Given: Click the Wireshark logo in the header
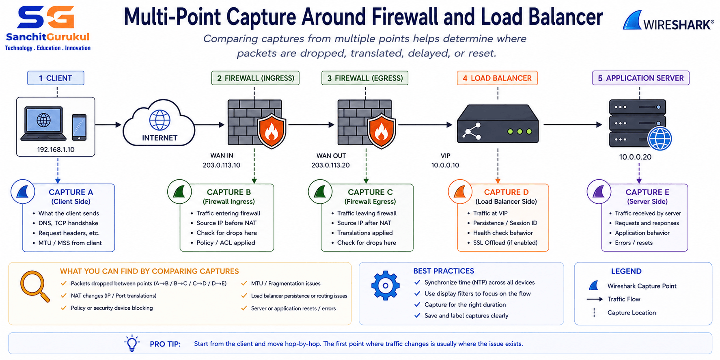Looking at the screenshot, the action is (x=668, y=21).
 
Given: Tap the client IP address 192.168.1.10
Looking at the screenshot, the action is (x=56, y=149).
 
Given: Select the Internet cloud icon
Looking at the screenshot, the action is (x=159, y=123).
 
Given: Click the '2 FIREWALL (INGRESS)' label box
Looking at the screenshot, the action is (x=255, y=78).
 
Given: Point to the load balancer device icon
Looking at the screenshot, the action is (x=498, y=124).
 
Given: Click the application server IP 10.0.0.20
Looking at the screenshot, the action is (x=635, y=157).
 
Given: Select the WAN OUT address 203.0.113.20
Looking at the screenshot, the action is (x=330, y=165).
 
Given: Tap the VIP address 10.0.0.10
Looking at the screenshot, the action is (x=445, y=165).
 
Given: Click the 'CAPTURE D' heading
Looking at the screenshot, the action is (x=506, y=192).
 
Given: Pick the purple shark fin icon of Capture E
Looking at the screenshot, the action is (x=599, y=192).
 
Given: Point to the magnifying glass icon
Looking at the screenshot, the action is (x=34, y=286).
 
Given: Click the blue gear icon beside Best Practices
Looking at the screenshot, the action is (x=385, y=285).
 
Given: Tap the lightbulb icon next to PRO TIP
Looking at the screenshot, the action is (x=132, y=343).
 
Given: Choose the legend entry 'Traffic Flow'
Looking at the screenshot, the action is (x=624, y=299).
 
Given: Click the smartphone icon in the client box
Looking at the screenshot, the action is (x=79, y=127).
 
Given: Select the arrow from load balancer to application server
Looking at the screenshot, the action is (x=573, y=125).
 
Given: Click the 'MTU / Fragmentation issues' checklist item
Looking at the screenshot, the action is (x=286, y=283).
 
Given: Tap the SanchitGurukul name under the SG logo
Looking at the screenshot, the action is (x=47, y=37).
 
